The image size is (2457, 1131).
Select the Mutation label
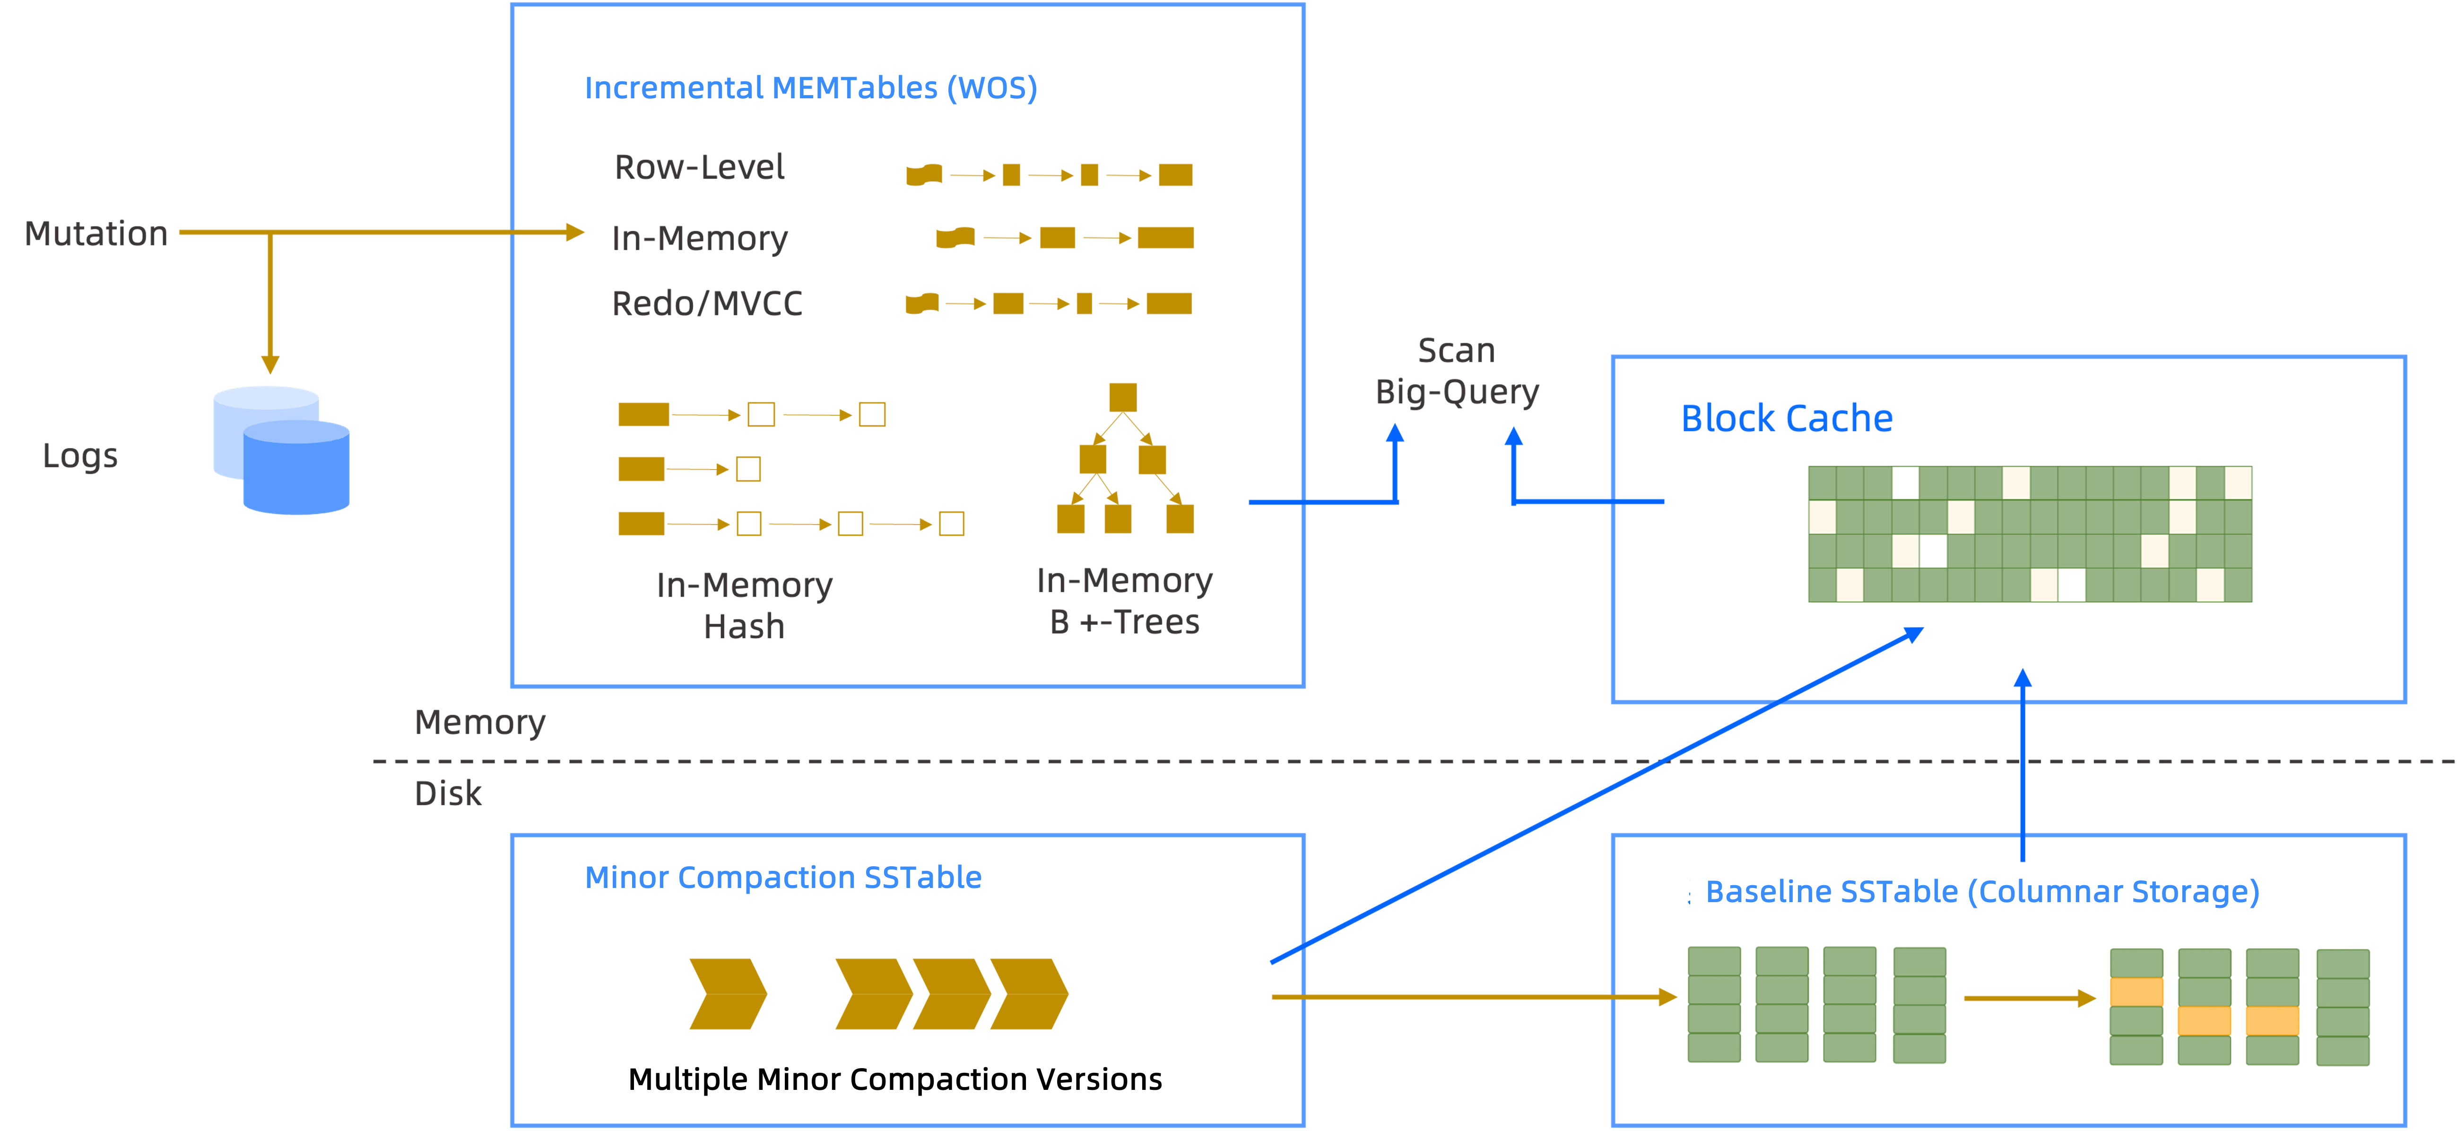click(96, 234)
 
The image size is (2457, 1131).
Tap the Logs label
click(80, 456)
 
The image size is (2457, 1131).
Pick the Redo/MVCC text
click(707, 303)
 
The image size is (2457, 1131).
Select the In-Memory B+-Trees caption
click(1125, 601)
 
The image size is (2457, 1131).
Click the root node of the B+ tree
click(1123, 397)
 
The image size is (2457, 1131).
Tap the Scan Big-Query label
click(1457, 371)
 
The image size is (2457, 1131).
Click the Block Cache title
click(1787, 418)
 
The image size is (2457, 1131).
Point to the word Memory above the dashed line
click(480, 722)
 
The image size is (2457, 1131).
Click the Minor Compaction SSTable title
click(783, 878)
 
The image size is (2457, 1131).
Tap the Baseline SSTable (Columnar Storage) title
click(1982, 892)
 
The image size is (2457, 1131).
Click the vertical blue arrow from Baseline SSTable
click(2022, 763)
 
